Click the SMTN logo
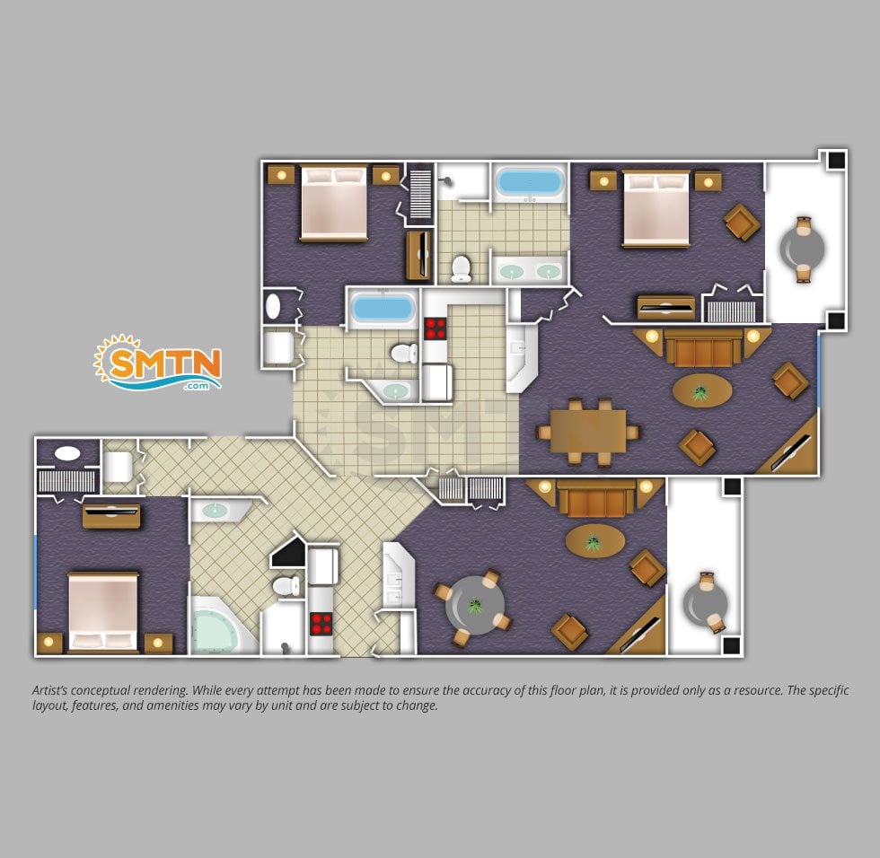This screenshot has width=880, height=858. (158, 363)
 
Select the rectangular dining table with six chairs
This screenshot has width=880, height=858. (587, 432)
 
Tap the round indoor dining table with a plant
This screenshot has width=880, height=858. (475, 606)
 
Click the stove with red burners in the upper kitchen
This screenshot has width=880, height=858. (435, 328)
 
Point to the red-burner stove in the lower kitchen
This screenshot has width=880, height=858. (321, 624)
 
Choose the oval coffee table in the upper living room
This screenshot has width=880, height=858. (702, 390)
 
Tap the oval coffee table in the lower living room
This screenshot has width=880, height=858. (594, 540)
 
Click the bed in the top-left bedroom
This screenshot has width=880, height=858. (334, 203)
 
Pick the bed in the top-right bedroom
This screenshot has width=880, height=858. (656, 208)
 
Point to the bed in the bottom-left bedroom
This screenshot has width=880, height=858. (103, 612)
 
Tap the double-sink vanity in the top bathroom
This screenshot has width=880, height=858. (530, 271)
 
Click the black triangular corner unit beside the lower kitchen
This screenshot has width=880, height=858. (288, 552)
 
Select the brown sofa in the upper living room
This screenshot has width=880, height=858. (702, 347)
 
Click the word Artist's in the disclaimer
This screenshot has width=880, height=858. (52, 690)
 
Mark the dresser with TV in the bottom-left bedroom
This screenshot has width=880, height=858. (111, 516)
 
